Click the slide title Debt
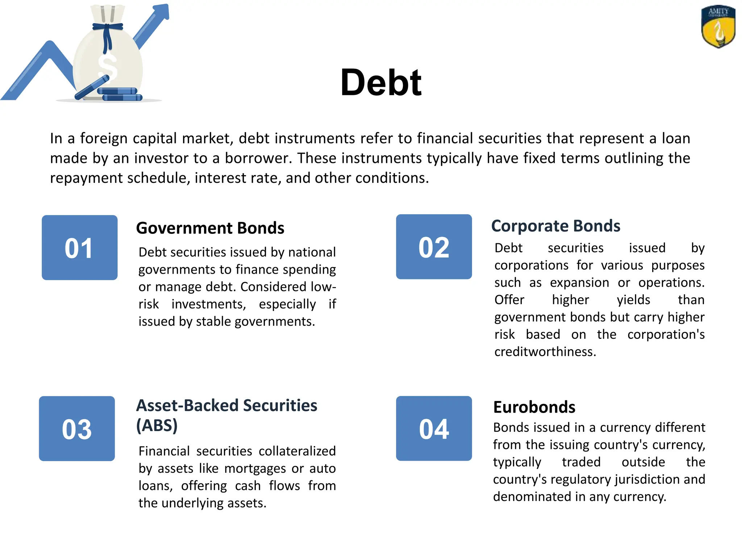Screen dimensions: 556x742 [381, 83]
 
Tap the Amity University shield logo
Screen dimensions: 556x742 [718, 27]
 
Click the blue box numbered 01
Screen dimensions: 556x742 [80, 248]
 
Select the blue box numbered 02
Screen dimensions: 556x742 [434, 247]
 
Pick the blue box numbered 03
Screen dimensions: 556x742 [77, 429]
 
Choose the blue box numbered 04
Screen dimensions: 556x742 [434, 429]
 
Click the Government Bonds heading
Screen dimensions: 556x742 [210, 228]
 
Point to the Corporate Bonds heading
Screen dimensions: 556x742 [555, 226]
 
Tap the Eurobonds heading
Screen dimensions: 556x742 [534, 407]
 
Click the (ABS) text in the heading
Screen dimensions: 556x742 [157, 425]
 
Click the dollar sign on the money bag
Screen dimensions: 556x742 [108, 67]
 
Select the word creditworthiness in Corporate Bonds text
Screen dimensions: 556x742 [545, 352]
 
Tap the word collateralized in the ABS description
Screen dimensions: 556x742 [297, 451]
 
